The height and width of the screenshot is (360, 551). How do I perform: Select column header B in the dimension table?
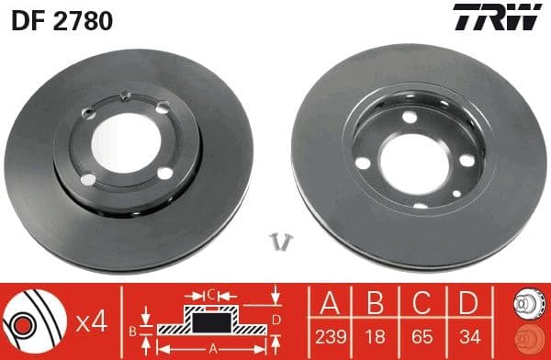point(374,301)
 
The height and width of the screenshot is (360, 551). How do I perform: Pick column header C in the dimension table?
point(419,301)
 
